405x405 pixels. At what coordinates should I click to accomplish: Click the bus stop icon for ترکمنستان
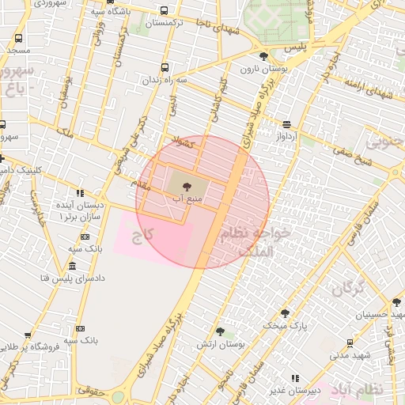tap(164, 11)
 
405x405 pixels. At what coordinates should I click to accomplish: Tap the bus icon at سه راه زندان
tap(165, 68)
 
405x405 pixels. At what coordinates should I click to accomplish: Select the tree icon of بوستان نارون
tap(263, 56)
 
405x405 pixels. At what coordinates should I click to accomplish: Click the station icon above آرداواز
tap(286, 123)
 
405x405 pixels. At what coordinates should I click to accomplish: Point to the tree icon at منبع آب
tap(187, 187)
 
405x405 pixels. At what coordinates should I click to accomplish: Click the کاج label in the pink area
tap(142, 235)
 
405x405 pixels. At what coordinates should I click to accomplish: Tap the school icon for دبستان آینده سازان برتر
tap(80, 193)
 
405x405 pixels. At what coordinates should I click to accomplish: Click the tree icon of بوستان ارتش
tap(220, 332)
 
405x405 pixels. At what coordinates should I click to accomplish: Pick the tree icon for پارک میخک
tap(285, 313)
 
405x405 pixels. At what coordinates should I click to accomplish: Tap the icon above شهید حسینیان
tap(396, 302)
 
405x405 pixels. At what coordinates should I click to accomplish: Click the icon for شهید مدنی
tap(350, 343)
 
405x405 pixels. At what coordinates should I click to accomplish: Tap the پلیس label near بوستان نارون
tap(294, 49)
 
